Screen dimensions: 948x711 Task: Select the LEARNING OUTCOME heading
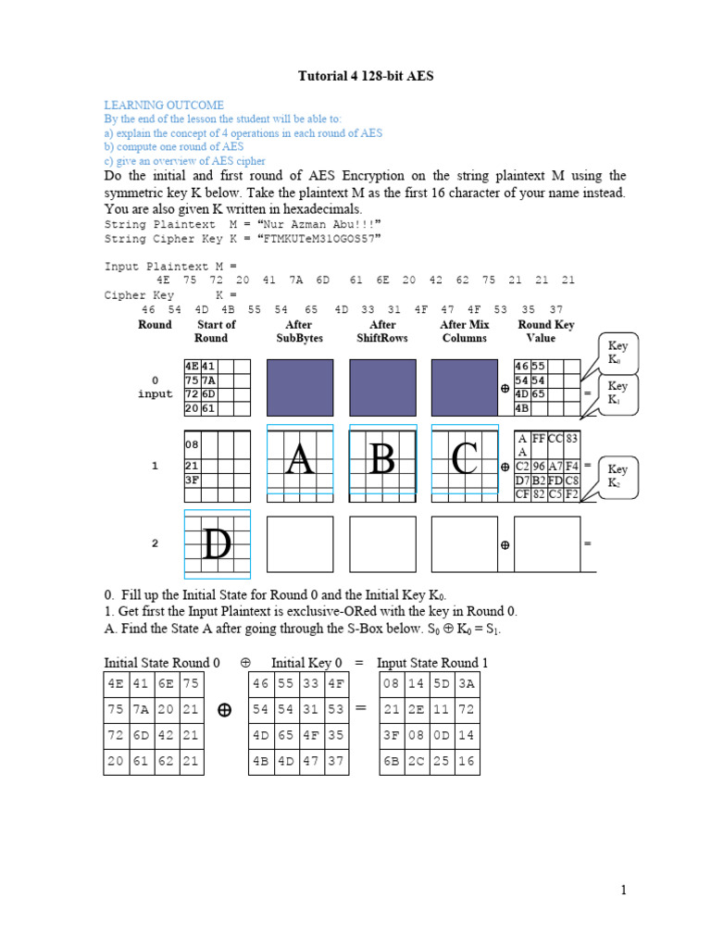(164, 106)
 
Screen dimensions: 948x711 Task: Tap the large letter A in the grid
(298, 459)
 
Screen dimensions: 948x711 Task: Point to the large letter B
(381, 459)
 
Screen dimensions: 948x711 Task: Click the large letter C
(464, 459)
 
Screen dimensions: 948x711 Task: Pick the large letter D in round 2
(217, 544)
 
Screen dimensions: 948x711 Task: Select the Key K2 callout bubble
(617, 476)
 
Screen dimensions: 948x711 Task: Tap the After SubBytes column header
(299, 331)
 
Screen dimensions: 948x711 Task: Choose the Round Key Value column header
(545, 331)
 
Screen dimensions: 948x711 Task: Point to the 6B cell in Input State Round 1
(393, 762)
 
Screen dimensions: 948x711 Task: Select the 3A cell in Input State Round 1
(467, 684)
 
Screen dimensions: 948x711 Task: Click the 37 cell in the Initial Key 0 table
(336, 762)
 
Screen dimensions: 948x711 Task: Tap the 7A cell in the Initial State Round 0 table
(141, 710)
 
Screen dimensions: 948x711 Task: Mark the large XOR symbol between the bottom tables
(224, 710)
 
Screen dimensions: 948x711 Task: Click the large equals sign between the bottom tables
(361, 708)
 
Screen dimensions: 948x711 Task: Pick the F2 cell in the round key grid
(572, 493)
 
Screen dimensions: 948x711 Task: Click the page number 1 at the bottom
(624, 891)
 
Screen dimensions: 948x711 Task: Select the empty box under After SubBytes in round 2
(299, 544)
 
